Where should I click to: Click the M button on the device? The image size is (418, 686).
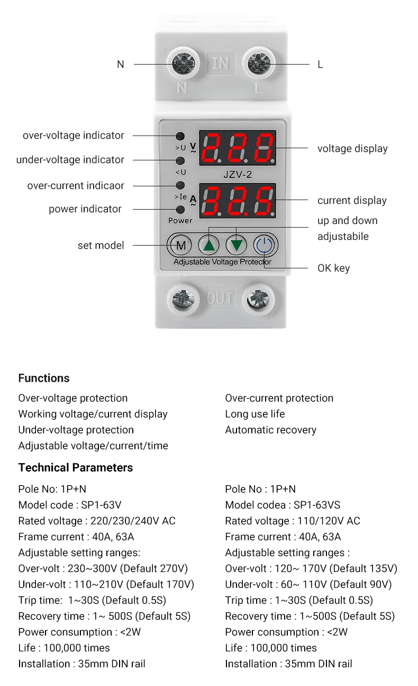180,245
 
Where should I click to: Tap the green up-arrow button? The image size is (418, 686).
209,245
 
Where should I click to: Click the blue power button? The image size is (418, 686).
265,245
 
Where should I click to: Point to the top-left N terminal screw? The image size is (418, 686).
183,64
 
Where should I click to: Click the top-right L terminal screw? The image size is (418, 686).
259,64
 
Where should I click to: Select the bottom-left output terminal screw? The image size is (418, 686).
183,300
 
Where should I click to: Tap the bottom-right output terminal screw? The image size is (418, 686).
259,300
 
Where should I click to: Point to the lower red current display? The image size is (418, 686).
238,201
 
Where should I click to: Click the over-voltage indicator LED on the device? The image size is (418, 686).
180,136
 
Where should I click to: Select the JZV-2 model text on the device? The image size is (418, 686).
238,174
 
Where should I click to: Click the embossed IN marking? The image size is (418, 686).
220,64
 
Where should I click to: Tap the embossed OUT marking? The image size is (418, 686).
220,298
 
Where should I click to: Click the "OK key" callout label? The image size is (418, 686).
333,268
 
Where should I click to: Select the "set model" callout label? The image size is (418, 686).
101,246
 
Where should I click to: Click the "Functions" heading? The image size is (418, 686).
44,378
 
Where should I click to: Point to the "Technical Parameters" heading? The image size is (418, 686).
76,468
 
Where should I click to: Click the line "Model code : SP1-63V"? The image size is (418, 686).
70,505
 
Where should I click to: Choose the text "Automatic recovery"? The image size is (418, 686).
270,430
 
